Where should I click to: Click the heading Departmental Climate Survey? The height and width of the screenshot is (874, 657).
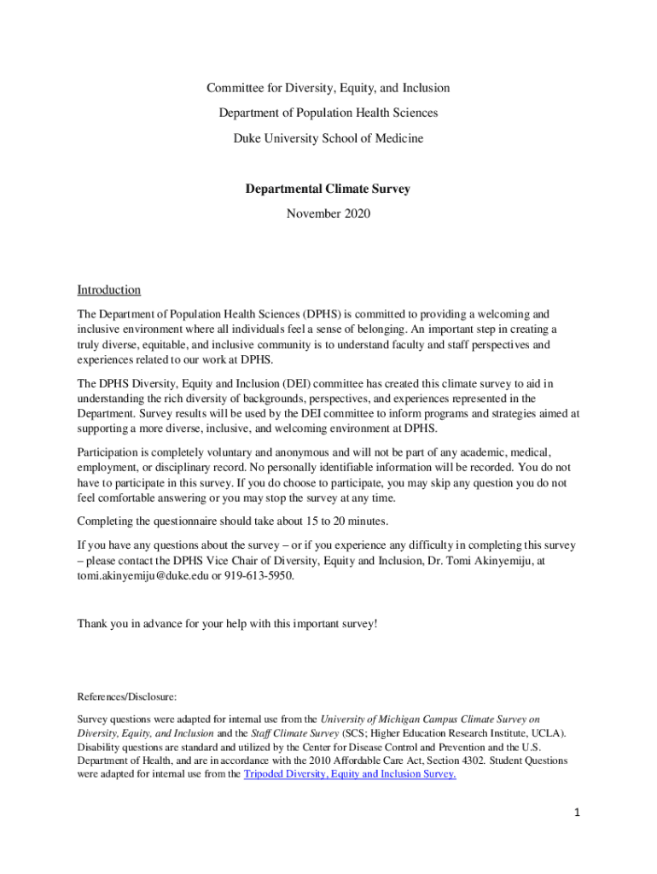328,189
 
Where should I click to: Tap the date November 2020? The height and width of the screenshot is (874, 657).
328,214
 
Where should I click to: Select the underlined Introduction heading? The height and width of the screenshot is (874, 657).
108,290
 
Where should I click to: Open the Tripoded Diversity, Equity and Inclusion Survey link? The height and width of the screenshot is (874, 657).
350,774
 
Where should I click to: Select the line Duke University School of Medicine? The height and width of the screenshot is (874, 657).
328,137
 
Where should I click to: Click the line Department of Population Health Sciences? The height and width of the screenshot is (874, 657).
328,113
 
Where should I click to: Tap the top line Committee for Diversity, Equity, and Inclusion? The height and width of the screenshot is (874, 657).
328,88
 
